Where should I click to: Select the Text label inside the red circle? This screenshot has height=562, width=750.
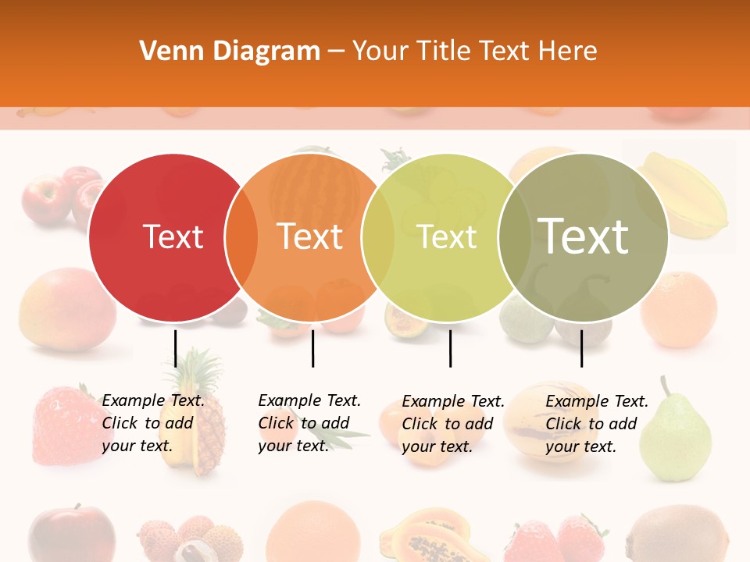tap(173, 237)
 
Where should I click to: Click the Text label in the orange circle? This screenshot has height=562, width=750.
tap(310, 237)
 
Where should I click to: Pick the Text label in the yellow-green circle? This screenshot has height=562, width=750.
tap(447, 237)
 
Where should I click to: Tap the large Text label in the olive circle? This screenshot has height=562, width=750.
tap(583, 236)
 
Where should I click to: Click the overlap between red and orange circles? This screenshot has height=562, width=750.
tap(241, 237)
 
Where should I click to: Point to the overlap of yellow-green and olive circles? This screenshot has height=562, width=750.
tap(513, 237)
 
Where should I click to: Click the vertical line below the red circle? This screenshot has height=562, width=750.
tap(176, 348)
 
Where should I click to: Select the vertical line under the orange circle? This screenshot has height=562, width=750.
tap(312, 348)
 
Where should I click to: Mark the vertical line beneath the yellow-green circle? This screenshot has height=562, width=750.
tap(451, 348)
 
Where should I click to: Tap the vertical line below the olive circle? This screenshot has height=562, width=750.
tap(581, 348)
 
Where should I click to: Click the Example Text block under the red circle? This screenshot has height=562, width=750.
tap(153, 423)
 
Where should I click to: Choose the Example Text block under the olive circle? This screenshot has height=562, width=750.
tap(597, 424)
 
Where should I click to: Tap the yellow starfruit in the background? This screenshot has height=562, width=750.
tap(684, 195)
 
